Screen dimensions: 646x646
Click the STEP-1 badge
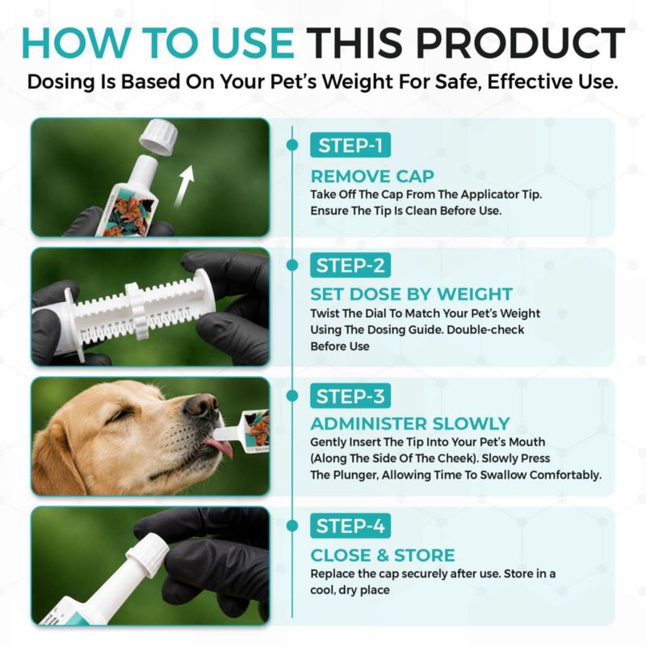click(x=350, y=145)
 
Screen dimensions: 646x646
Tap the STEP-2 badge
click(x=350, y=266)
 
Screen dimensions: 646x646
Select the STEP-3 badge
click(x=350, y=396)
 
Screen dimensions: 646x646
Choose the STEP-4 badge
click(x=350, y=526)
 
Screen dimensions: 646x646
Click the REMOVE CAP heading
click(x=372, y=176)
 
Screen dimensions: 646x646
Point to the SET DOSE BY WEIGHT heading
click(x=412, y=294)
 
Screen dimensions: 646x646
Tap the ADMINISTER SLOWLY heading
click(x=410, y=423)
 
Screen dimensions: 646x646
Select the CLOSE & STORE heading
click(x=383, y=555)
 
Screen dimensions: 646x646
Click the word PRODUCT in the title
click(x=520, y=43)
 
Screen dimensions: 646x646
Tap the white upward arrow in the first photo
click(x=184, y=186)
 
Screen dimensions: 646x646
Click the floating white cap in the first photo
click(x=158, y=136)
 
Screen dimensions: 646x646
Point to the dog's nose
click(x=201, y=405)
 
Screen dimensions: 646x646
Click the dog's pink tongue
click(x=220, y=447)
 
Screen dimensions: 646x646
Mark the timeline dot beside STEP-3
click(x=292, y=396)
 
